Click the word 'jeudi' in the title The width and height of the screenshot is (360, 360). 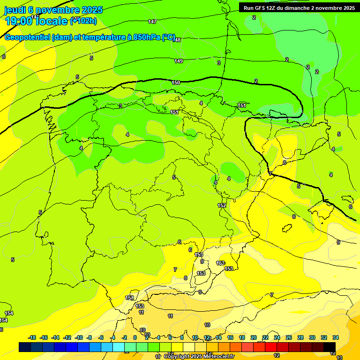(x=15, y=10)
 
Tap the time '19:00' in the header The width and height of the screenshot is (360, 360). (x=19, y=21)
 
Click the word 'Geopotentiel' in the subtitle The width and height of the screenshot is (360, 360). (x=28, y=37)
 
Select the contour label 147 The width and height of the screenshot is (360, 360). (x=152, y=22)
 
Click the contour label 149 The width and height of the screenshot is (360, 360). (x=179, y=61)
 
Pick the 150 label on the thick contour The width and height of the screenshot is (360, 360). (x=176, y=83)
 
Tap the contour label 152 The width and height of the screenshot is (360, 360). (x=222, y=205)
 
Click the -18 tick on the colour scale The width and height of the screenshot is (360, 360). (x=32, y=337)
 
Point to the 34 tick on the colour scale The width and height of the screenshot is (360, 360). (x=336, y=337)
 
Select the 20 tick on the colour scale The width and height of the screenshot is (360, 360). (x=254, y=337)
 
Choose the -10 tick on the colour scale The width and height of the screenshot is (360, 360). (x=79, y=337)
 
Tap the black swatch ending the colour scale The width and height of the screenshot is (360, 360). (x=330, y=347)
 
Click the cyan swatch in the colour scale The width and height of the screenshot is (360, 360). (x=119, y=347)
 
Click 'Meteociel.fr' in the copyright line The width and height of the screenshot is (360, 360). (x=218, y=357)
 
